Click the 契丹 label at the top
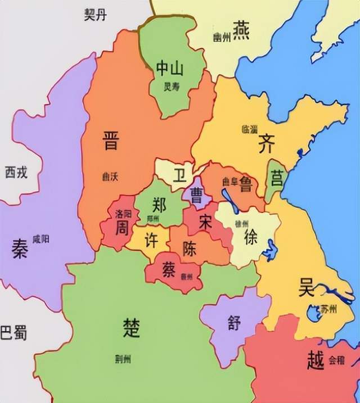(95, 15)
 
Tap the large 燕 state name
(242, 28)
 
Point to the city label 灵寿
(171, 87)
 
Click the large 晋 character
(111, 140)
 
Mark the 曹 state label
(197, 196)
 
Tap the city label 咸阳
(40, 239)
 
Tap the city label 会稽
(336, 360)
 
